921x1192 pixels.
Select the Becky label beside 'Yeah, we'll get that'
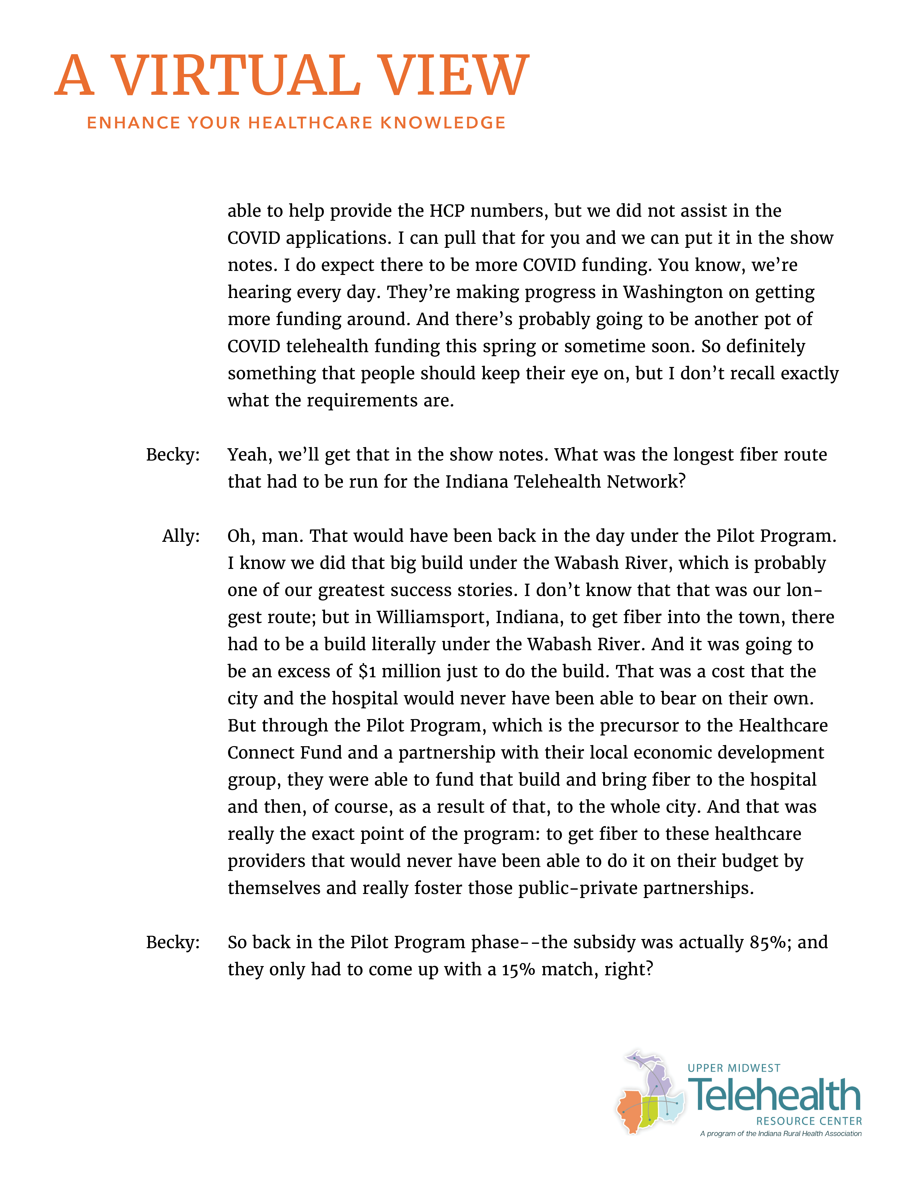click(x=172, y=455)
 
